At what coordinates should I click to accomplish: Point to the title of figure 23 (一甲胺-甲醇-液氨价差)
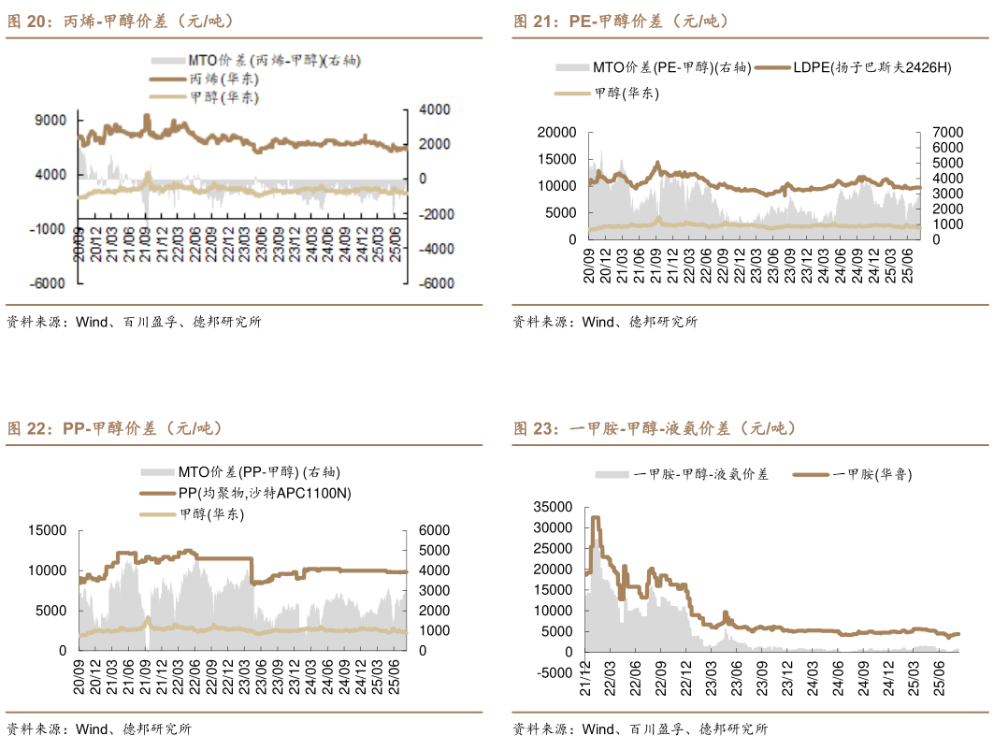point(654,428)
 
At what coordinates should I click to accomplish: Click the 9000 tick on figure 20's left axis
point(51,120)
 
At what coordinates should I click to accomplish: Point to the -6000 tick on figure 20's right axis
point(434,283)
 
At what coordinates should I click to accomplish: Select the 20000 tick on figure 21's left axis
point(557,133)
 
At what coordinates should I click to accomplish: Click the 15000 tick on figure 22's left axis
point(49,530)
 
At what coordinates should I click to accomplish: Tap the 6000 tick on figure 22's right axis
point(435,530)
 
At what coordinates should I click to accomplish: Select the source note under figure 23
point(640,729)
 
